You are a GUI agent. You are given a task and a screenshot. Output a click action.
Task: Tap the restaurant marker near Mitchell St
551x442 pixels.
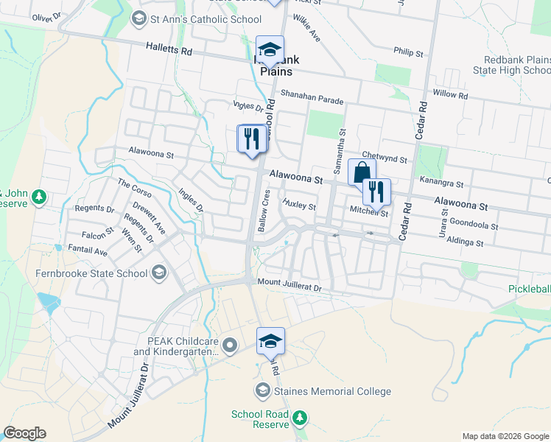[376, 192]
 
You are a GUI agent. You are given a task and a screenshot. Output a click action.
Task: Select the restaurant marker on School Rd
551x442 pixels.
[252, 138]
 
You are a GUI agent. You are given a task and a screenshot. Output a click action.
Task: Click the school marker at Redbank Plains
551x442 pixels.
[270, 49]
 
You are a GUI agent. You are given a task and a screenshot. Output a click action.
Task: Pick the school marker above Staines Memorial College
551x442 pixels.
[270, 340]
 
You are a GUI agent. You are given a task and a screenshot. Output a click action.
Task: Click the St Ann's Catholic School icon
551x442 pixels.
[137, 18]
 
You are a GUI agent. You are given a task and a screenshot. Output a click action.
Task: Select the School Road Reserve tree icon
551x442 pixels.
[299, 418]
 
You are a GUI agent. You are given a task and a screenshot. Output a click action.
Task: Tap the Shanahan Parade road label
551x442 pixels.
[312, 96]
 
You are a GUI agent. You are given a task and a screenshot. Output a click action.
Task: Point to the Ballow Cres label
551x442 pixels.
[265, 211]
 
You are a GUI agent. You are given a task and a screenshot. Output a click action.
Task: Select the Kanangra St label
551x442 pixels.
[441, 183]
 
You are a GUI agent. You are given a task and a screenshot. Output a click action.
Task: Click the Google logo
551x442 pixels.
[24, 433]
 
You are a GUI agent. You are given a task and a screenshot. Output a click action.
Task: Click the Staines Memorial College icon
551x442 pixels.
[262, 390]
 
